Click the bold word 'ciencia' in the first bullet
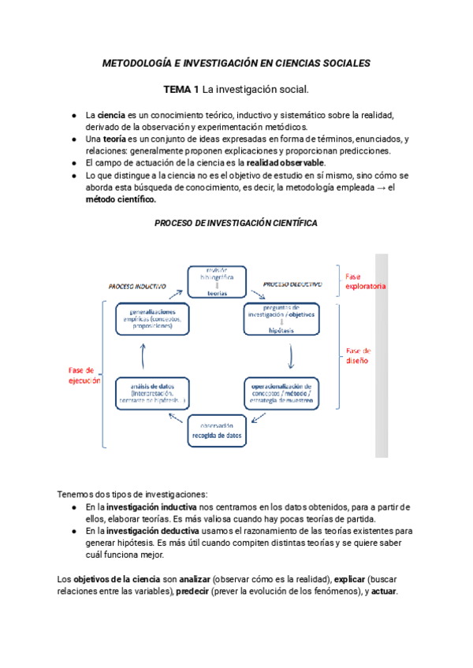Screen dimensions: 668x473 click(x=111, y=115)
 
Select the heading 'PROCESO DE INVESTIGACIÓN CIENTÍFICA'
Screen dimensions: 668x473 click(x=236, y=223)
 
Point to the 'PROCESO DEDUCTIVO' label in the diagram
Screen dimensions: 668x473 click(x=292, y=284)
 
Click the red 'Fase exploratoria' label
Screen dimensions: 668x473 click(x=365, y=281)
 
